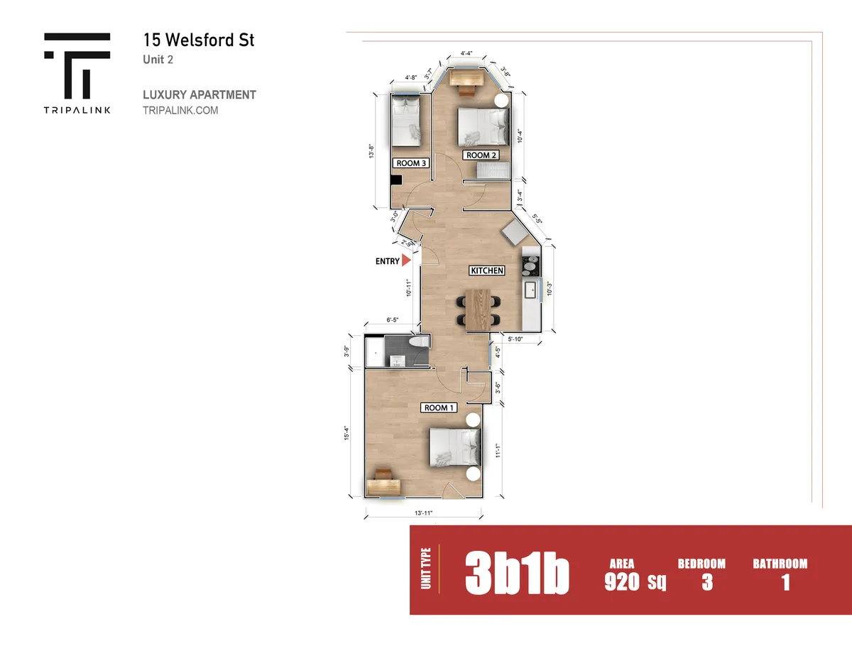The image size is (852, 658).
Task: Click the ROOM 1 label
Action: pyautogui.click(x=438, y=407)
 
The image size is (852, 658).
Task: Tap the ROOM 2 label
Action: pyautogui.click(x=480, y=155)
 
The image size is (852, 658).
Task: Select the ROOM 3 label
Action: pyautogui.click(x=411, y=163)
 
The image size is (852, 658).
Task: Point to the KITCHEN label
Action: pyautogui.click(x=487, y=270)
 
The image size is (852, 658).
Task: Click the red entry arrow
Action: pyautogui.click(x=407, y=261)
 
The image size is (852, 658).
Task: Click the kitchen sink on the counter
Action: pyautogui.click(x=530, y=290)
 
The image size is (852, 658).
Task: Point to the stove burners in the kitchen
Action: pyautogui.click(x=530, y=266)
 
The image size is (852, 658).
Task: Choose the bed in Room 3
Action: pyautogui.click(x=405, y=120)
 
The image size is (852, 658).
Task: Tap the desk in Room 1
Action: pyautogui.click(x=383, y=485)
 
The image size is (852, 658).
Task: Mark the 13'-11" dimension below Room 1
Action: pyautogui.click(x=423, y=513)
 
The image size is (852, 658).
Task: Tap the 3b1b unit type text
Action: pyautogui.click(x=517, y=574)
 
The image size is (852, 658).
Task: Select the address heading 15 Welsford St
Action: pyautogui.click(x=198, y=40)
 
